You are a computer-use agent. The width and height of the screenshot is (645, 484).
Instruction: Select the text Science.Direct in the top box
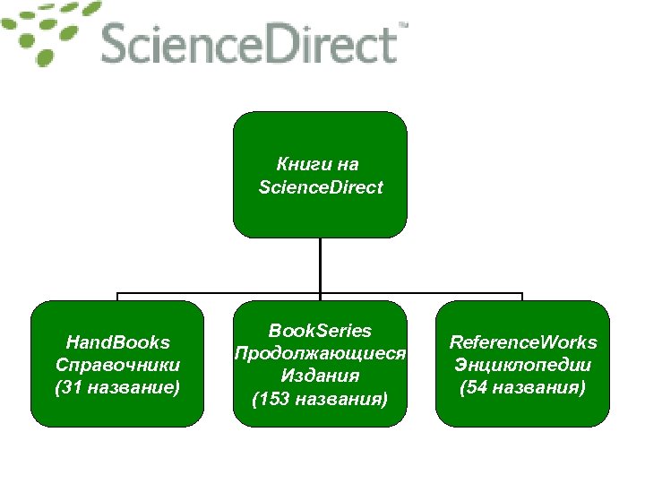pos(320,187)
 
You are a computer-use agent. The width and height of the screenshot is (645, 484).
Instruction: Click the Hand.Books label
pos(118,341)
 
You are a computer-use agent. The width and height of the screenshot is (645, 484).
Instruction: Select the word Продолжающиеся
pos(320,352)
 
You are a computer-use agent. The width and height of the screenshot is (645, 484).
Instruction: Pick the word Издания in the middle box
pos(320,376)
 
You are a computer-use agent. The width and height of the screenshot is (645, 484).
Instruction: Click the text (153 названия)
pos(320,398)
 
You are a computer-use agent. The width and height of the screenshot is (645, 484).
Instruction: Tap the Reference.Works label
pos(523,341)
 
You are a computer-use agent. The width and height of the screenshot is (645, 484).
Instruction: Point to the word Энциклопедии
pos(523,365)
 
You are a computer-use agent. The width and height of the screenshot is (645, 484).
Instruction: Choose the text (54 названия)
pos(523,387)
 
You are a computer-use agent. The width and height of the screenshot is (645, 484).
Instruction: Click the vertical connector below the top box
pos(320,264)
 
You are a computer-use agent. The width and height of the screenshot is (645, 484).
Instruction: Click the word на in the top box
pos(348,165)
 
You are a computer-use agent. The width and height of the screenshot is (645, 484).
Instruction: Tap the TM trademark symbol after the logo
pos(402,27)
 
